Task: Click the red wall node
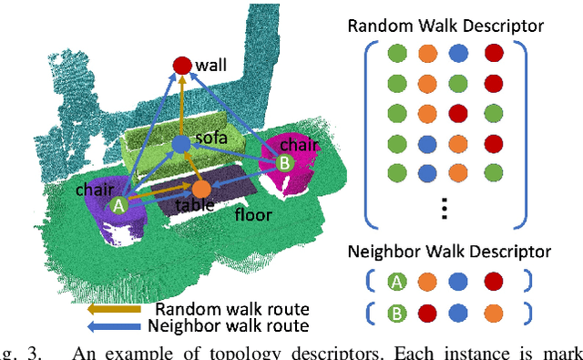(x=181, y=65)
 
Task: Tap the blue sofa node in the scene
(x=180, y=144)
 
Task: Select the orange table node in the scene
(x=200, y=189)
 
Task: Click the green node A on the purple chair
(x=118, y=206)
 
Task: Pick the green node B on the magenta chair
(x=283, y=164)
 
